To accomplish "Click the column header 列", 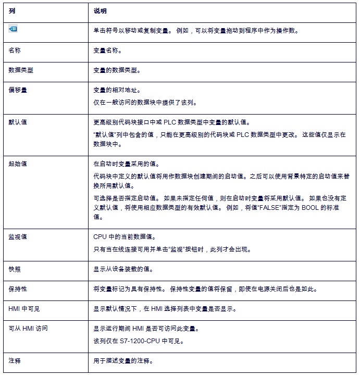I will (11, 10).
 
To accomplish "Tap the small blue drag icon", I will (14, 30).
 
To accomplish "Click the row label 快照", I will (15, 270).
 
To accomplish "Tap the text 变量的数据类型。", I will (117, 70).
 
